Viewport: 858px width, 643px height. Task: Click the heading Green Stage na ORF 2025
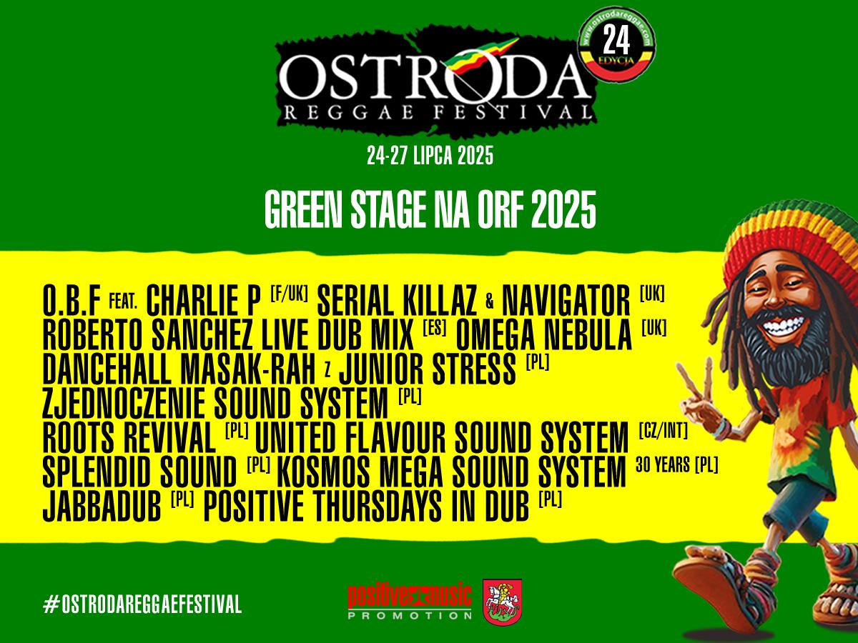(430, 209)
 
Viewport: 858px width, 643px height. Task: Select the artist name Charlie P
(203, 300)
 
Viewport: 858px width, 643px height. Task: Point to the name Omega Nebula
(543, 334)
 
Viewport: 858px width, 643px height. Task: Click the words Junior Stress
(428, 369)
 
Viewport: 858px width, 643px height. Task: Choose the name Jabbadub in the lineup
(102, 506)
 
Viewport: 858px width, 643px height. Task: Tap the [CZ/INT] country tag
(664, 431)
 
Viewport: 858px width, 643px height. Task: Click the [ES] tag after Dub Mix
(435, 328)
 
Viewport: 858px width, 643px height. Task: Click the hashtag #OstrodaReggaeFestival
(142, 604)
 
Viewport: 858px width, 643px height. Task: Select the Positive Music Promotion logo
(410, 602)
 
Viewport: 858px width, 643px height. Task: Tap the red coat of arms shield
(503, 602)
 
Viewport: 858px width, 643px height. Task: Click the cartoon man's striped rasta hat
(794, 244)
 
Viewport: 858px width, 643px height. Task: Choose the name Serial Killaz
(397, 300)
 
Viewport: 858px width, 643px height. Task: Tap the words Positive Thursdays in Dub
(366, 506)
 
